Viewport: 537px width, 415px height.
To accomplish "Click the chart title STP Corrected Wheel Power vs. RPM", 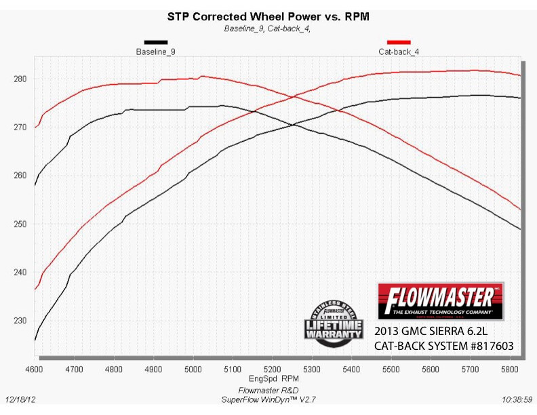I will point(268,16).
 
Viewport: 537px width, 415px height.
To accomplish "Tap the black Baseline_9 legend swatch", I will point(155,42).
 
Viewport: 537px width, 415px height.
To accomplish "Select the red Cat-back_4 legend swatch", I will point(398,42).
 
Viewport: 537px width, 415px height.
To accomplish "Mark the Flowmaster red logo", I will point(441,302).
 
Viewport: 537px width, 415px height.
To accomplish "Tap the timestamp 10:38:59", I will point(518,400).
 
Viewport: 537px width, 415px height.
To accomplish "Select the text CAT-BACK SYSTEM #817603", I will point(443,347).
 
